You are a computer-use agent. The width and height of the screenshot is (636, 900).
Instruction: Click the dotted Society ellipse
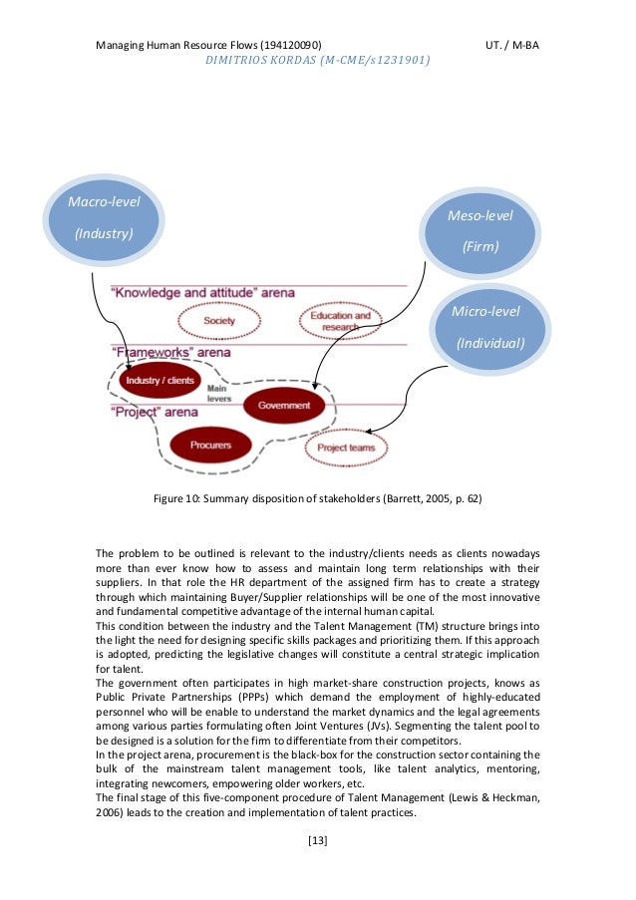click(219, 321)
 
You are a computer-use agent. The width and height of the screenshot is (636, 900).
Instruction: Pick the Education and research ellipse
click(340, 320)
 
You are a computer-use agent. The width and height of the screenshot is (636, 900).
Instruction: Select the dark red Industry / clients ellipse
click(159, 381)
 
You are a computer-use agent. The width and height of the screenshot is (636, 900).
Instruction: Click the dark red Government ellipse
click(284, 406)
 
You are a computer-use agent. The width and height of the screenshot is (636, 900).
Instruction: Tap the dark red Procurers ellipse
click(210, 445)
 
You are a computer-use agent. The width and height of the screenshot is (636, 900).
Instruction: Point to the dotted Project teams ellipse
click(346, 448)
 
